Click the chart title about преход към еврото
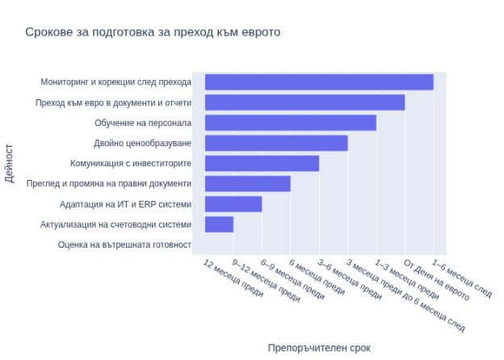(153, 32)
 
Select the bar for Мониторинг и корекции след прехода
(319, 82)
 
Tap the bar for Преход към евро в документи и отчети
(304, 103)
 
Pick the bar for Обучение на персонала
(290, 123)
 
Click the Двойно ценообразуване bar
(276, 143)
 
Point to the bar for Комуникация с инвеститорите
(262, 163)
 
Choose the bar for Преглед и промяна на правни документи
(247, 184)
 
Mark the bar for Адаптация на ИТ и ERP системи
(233, 204)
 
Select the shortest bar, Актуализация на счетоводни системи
(219, 224)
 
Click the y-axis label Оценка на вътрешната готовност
(124, 245)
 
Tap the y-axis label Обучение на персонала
(143, 123)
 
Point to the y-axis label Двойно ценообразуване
(143, 143)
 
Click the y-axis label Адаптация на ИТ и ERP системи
(126, 204)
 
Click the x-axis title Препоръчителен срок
(319, 348)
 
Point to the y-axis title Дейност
(10, 163)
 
